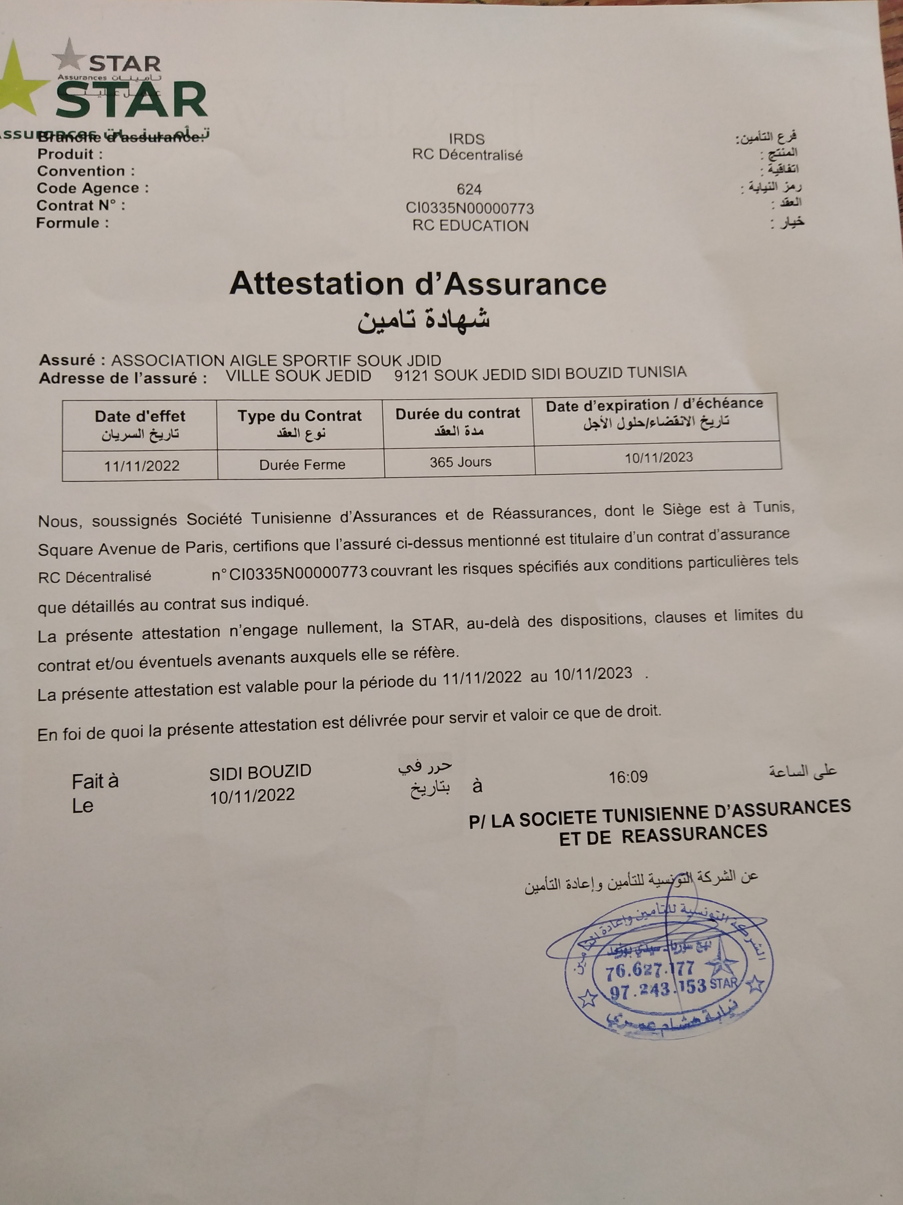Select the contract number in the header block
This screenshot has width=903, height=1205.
(470, 208)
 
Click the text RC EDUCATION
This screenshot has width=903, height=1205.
(470, 226)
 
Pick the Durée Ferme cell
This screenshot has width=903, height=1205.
(302, 465)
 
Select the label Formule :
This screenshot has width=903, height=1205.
(72, 223)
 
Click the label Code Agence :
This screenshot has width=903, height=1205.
(93, 189)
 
